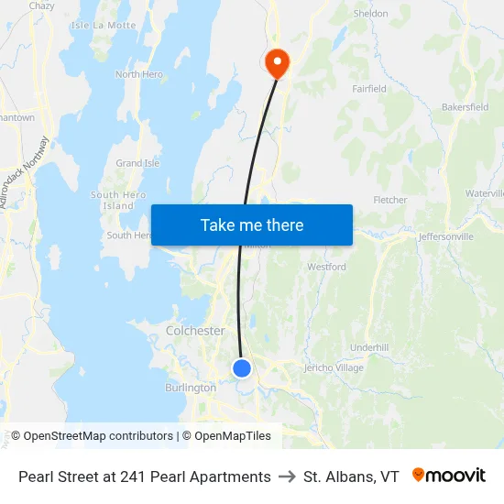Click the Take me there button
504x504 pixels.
pyautogui.click(x=251, y=225)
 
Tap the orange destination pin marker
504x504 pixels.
pyautogui.click(x=276, y=63)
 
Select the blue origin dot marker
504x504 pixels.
pyautogui.click(x=242, y=368)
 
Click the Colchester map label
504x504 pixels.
pyautogui.click(x=195, y=331)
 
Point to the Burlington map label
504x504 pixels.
pyautogui.click(x=190, y=388)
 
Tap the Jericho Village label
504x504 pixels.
pyautogui.click(x=334, y=368)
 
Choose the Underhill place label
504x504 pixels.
pyautogui.click(x=369, y=348)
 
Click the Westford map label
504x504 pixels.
pyautogui.click(x=326, y=268)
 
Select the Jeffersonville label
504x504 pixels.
pyautogui.click(x=445, y=236)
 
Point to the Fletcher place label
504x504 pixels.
pyautogui.click(x=390, y=200)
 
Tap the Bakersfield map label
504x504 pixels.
pyautogui.click(x=465, y=107)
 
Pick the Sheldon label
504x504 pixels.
pyautogui.click(x=371, y=14)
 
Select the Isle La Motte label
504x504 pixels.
pyautogui.click(x=103, y=25)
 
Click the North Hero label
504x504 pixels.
pyautogui.click(x=138, y=74)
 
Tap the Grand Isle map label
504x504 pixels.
pyautogui.click(x=137, y=163)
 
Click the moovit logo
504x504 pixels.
pyautogui.click(x=449, y=476)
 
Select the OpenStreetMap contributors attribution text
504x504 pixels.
pyautogui.click(x=96, y=436)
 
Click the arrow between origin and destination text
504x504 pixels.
pyautogui.click(x=287, y=477)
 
